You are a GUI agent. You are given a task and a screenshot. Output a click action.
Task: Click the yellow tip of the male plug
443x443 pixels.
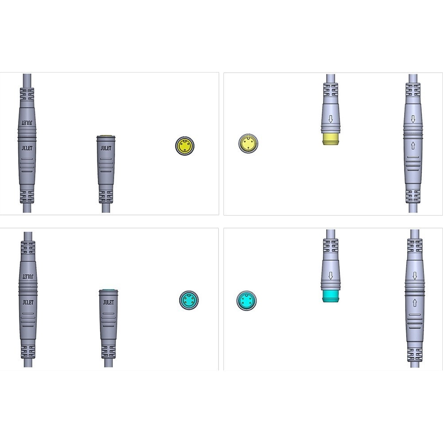coord(331,139)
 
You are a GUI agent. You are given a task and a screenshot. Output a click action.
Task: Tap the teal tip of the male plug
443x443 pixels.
coord(331,296)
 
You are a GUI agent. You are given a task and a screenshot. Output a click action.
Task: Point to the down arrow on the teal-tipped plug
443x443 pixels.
coord(331,275)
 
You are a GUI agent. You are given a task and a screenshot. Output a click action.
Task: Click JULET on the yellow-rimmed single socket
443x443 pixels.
coord(106,148)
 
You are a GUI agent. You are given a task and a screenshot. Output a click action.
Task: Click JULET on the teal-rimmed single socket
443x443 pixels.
coord(108,302)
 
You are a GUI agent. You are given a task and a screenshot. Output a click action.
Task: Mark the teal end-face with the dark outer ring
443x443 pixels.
coord(189,300)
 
